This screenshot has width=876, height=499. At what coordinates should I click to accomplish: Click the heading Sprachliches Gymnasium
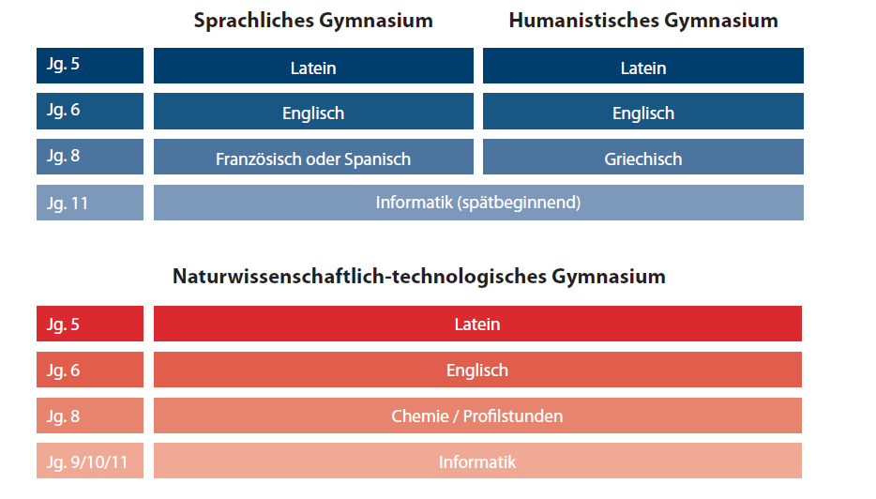pyautogui.click(x=313, y=21)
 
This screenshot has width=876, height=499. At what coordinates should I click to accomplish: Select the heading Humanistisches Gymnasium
pyautogui.click(x=643, y=21)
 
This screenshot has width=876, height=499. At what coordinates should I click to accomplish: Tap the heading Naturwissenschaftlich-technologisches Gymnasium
pyautogui.click(x=418, y=277)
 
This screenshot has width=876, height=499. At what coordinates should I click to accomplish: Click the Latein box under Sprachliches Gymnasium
pyautogui.click(x=313, y=68)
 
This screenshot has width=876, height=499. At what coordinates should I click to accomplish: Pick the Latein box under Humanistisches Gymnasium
pyautogui.click(x=643, y=68)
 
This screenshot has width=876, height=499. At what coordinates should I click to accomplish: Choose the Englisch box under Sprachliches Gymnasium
pyautogui.click(x=313, y=113)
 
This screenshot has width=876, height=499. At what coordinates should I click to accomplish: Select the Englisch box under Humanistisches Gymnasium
pyautogui.click(x=643, y=113)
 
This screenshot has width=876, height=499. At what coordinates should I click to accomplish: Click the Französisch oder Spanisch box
pyautogui.click(x=313, y=159)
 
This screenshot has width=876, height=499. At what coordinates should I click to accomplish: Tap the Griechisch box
pyautogui.click(x=643, y=159)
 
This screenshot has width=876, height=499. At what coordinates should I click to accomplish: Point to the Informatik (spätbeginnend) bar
pyautogui.click(x=478, y=203)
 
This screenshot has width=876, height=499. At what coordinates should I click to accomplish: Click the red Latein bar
pyautogui.click(x=477, y=325)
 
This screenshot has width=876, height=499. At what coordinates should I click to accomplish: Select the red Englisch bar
pyautogui.click(x=477, y=370)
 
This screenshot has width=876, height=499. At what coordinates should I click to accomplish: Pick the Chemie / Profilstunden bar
pyautogui.click(x=477, y=416)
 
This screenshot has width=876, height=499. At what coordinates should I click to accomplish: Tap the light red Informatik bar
pyautogui.click(x=477, y=461)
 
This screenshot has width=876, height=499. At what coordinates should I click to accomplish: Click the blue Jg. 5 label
pyautogui.click(x=90, y=66)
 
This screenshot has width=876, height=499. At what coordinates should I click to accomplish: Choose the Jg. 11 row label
pyautogui.click(x=90, y=203)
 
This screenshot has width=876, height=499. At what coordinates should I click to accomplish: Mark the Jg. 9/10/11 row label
pyautogui.click(x=90, y=461)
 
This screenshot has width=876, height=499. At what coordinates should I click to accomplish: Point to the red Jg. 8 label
pyautogui.click(x=90, y=416)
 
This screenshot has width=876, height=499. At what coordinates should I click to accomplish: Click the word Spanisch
pyautogui.click(x=379, y=159)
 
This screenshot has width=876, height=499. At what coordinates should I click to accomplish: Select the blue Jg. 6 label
pyautogui.click(x=90, y=111)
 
